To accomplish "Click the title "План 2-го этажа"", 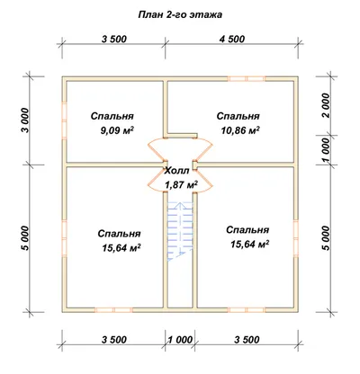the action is [180, 14].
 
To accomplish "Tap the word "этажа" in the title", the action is [206, 15].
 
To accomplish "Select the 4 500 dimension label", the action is [232, 39].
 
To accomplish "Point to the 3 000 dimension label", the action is [26, 120].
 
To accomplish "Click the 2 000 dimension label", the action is [325, 105].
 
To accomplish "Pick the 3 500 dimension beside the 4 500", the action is [114, 39].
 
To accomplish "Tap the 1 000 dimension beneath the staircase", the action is [180, 340].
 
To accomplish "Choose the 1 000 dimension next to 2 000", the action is [325, 150].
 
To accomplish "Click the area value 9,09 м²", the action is [117, 130].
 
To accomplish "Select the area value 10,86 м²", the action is [240, 130].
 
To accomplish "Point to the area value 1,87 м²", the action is [182, 184].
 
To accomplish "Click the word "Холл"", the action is [177, 171].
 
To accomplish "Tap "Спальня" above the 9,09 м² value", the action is [112, 116].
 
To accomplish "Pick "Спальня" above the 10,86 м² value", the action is [238, 116].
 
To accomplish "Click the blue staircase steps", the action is [180, 231].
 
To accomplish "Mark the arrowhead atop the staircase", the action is [180, 205].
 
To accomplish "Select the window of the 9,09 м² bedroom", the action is [64, 120].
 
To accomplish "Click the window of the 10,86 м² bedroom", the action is [247, 79].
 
